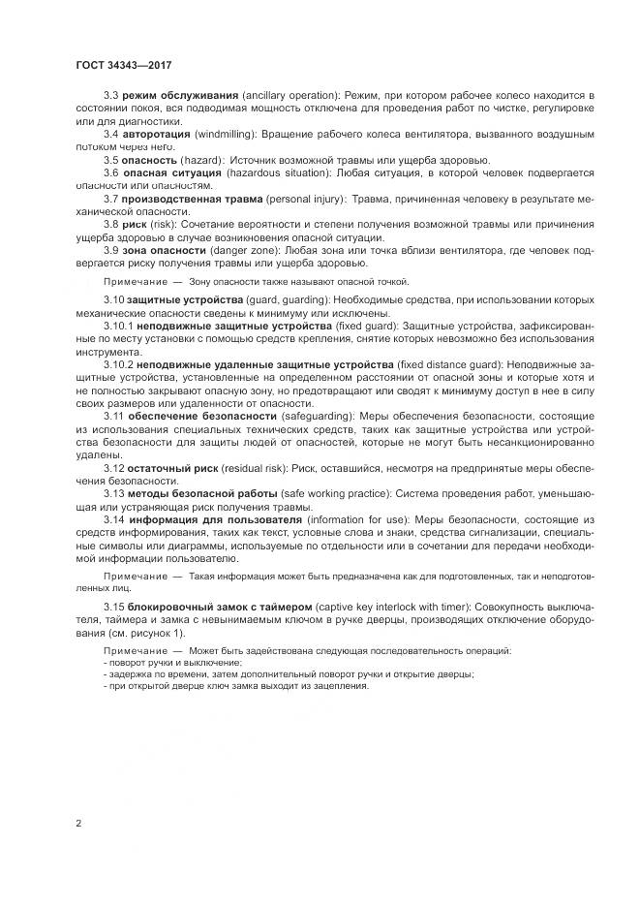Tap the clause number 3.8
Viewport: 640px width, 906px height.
tap(110, 224)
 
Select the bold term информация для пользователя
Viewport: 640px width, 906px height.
tap(202, 518)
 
